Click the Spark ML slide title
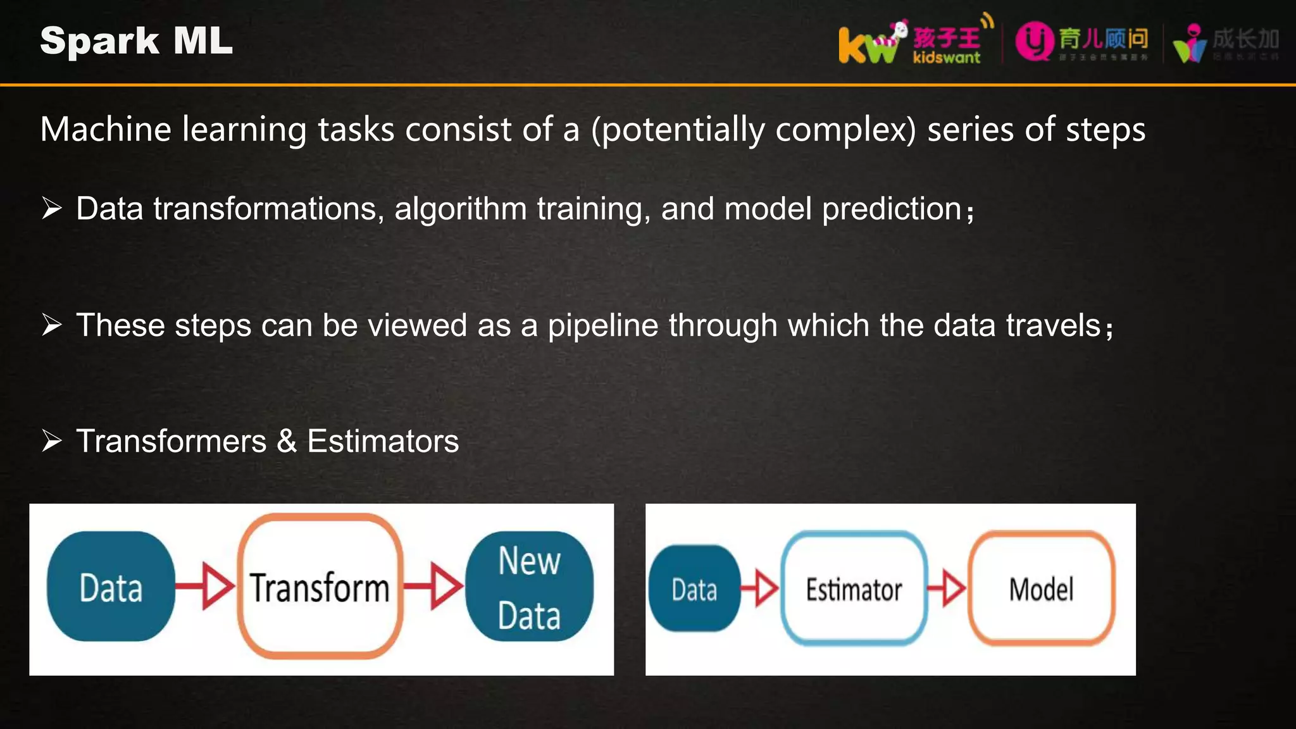(x=136, y=41)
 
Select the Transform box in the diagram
(x=320, y=587)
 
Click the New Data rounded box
(x=529, y=587)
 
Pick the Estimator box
(x=854, y=589)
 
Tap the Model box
(x=1041, y=589)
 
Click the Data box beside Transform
(x=111, y=587)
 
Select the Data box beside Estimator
(x=694, y=589)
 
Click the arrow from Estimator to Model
(x=947, y=588)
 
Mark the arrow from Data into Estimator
(x=760, y=589)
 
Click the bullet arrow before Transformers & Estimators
(x=52, y=440)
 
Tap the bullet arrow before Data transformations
(x=52, y=208)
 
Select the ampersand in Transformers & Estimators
(x=287, y=440)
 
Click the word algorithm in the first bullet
(x=461, y=209)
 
